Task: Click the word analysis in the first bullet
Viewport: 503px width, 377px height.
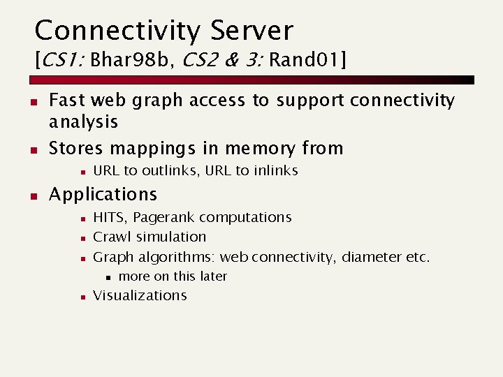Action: pyautogui.click(x=83, y=122)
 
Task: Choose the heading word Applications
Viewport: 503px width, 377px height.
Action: pyautogui.click(x=103, y=193)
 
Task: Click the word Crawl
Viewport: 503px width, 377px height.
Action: pyautogui.click(x=112, y=237)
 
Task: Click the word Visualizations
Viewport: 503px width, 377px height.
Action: pyautogui.click(x=140, y=295)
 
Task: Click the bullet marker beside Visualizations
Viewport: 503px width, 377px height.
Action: pyautogui.click(x=82, y=297)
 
